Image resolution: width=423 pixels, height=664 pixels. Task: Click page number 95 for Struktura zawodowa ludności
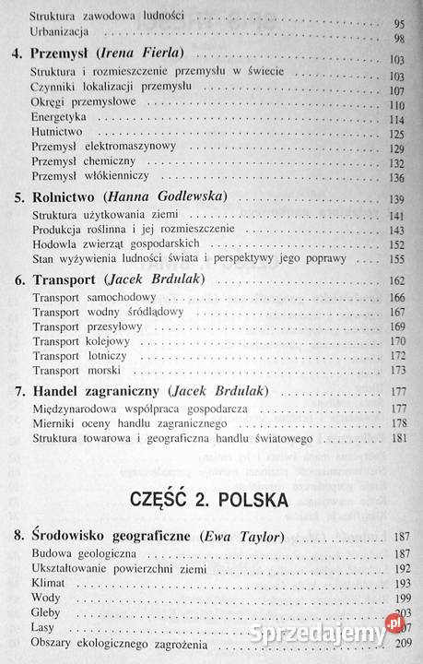pyautogui.click(x=398, y=20)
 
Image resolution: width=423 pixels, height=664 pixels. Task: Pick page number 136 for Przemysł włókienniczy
pyautogui.click(x=395, y=178)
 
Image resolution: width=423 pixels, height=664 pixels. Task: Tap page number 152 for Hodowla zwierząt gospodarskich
pyautogui.click(x=395, y=243)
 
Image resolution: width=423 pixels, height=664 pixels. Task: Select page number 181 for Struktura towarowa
pyautogui.click(x=395, y=437)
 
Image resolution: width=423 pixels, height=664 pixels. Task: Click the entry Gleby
pyautogui.click(x=45, y=612)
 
